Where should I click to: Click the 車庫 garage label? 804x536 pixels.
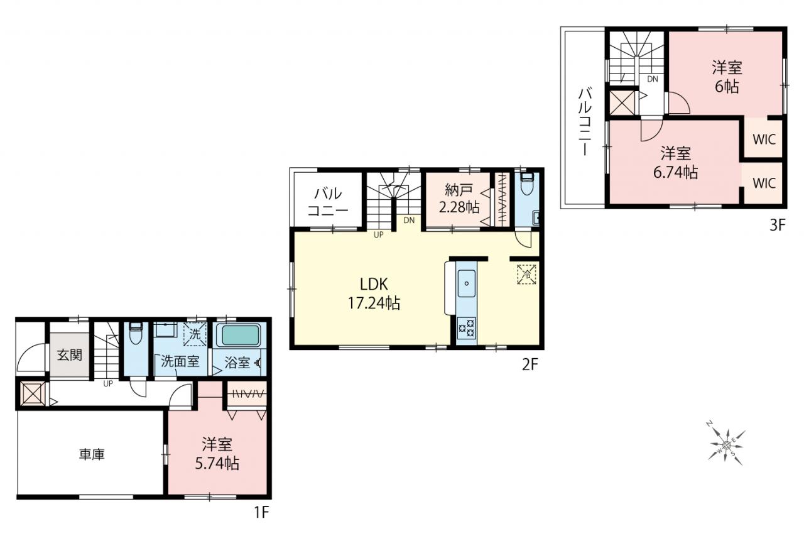92,455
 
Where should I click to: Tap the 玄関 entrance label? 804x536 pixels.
70,355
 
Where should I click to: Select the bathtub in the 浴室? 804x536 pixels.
240,336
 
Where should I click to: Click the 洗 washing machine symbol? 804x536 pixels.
195,334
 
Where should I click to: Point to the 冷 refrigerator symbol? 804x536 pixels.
526,275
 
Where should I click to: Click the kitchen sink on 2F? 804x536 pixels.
467,283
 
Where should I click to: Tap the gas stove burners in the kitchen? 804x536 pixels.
467,328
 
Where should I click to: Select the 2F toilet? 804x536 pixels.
527,183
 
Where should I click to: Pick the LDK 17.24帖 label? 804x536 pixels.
374,294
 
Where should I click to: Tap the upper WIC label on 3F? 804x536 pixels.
764,139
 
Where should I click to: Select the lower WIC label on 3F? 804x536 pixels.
764,183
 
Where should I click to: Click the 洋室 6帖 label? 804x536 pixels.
727,77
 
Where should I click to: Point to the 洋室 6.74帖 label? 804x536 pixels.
675,163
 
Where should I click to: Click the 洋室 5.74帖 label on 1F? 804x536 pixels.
217,454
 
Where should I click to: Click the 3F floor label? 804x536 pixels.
778,225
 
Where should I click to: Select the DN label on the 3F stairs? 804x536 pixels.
653,79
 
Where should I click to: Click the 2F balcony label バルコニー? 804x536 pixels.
328,202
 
